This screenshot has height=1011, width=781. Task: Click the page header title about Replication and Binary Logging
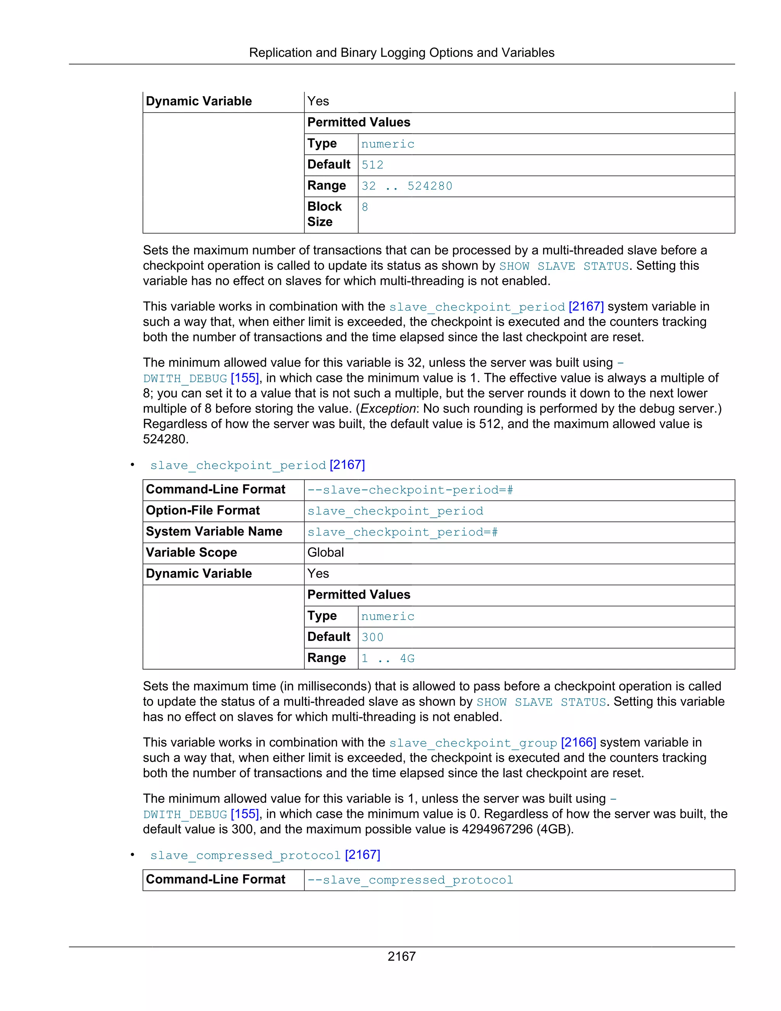point(401,53)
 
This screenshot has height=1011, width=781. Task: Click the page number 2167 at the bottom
point(401,956)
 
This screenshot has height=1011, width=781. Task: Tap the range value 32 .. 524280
point(406,186)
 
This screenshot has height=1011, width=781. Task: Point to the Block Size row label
point(325,214)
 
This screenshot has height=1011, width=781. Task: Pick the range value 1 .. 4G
point(387,658)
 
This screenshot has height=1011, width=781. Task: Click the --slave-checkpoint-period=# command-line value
point(410,490)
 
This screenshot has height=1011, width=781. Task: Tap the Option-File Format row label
point(202,510)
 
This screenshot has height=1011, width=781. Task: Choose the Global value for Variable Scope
point(325,553)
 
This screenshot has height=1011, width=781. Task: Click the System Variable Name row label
point(214,531)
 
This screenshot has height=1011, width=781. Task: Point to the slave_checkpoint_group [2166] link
point(492,743)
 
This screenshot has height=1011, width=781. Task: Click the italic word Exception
point(388,409)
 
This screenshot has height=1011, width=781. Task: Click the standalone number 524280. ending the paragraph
point(165,439)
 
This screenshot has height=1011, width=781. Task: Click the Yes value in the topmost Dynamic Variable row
point(318,101)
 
